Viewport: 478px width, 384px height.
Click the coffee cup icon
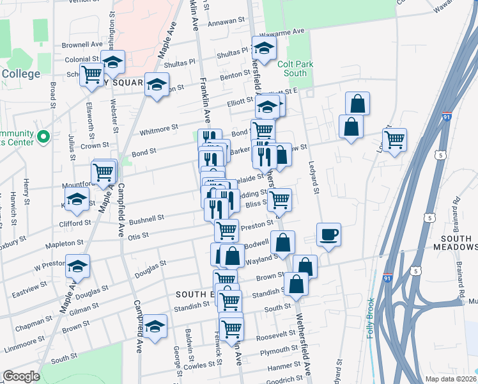[328, 235]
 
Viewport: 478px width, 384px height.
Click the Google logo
[21, 376]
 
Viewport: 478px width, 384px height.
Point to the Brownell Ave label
[82, 45]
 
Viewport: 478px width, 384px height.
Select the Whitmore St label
[158, 129]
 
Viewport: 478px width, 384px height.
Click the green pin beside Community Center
[43, 136]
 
